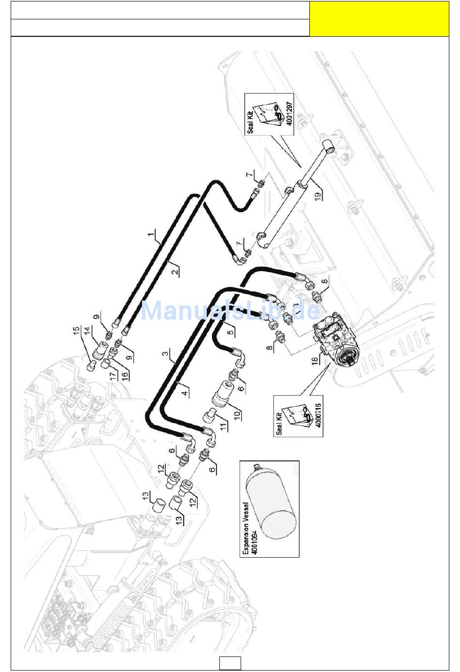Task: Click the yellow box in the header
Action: click(379, 18)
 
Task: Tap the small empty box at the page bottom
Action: click(230, 662)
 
